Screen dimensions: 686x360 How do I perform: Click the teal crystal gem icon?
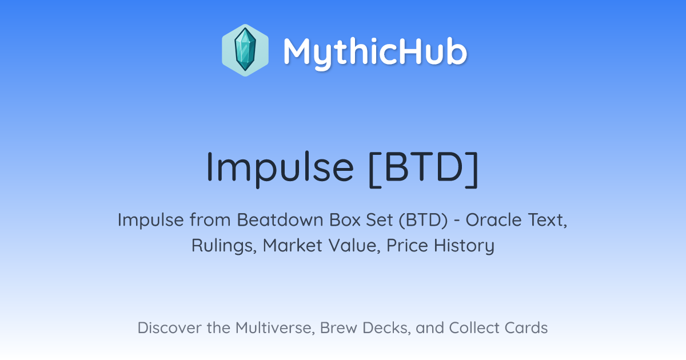pos(245,50)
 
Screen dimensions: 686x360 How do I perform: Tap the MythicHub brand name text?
pos(375,52)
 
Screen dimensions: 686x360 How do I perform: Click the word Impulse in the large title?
pos(280,168)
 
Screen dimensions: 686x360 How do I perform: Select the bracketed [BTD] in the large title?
pos(424,169)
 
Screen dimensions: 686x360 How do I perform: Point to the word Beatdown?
pos(280,219)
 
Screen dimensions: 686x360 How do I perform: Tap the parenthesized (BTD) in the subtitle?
pos(423,220)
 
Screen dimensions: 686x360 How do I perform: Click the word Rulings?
pos(224,246)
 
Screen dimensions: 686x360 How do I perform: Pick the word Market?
pos(293,245)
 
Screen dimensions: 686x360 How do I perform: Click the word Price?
pos(407,245)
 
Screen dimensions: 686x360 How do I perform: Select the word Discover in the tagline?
pos(170,327)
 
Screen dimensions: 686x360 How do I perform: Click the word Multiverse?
pos(276,328)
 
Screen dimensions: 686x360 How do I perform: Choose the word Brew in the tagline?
pos(338,327)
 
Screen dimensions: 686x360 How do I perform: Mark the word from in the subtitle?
pos(210,219)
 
